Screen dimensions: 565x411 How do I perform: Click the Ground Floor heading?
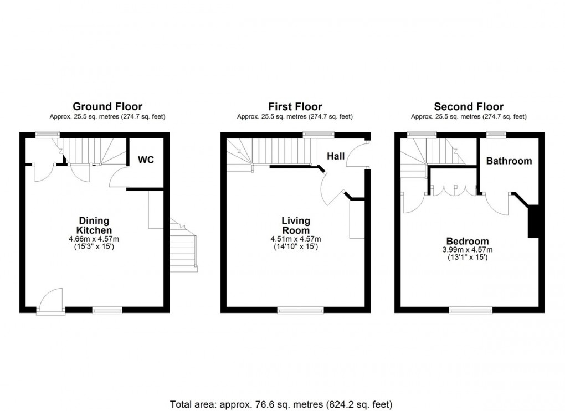pyautogui.click(x=107, y=106)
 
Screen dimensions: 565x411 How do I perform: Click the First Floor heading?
pyautogui.click(x=295, y=106)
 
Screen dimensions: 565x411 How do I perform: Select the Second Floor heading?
pyautogui.click(x=469, y=106)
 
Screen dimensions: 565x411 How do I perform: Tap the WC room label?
pyautogui.click(x=146, y=160)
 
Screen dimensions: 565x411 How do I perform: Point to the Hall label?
pyautogui.click(x=336, y=156)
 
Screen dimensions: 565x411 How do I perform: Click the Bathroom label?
pyautogui.click(x=509, y=161)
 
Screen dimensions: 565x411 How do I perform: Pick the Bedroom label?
pyautogui.click(x=468, y=241)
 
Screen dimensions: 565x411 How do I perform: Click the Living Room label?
pyautogui.click(x=296, y=225)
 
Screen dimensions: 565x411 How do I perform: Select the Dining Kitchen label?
pyautogui.click(x=94, y=225)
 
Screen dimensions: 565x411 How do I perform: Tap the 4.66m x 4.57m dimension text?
pyautogui.click(x=94, y=239)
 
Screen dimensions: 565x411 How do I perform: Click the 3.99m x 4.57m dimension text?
pyautogui.click(x=468, y=250)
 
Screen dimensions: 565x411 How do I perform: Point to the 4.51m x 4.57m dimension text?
pyautogui.click(x=296, y=239)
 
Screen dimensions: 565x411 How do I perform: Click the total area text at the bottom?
pyautogui.click(x=281, y=404)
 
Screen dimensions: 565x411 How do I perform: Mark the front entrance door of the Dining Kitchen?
pyautogui.click(x=51, y=302)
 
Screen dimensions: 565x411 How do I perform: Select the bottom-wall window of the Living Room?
pyautogui.click(x=301, y=310)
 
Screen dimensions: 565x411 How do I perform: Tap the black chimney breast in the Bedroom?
pyautogui.click(x=533, y=221)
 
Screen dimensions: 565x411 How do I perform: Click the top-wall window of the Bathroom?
pyautogui.click(x=496, y=135)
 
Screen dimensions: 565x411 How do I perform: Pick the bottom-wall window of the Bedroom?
pyautogui.click(x=471, y=310)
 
